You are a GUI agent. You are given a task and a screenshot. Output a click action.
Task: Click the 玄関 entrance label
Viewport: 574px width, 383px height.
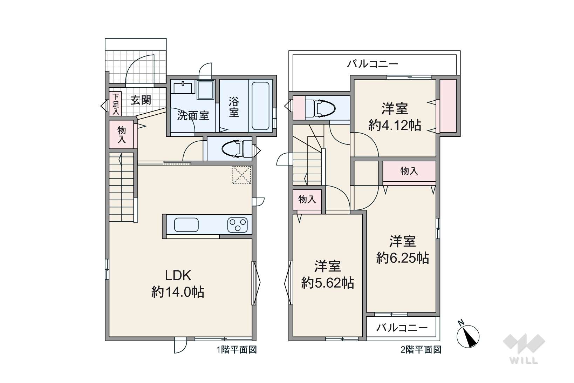click(x=141, y=100)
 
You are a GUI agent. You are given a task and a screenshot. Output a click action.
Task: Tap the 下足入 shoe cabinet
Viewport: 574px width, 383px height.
click(x=115, y=104)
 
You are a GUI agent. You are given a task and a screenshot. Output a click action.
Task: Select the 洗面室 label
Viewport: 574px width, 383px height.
click(x=193, y=116)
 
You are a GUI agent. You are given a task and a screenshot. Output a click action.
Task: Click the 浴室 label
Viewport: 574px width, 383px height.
click(x=234, y=107)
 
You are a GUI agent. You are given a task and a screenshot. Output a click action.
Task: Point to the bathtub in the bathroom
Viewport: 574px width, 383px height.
click(x=260, y=106)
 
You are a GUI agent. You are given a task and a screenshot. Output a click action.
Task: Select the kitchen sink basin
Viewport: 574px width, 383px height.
click(x=186, y=225)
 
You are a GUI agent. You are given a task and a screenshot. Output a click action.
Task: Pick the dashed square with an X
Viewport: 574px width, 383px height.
click(x=241, y=175)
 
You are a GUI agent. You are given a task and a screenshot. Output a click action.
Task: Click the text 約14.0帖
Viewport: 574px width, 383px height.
click(x=178, y=292)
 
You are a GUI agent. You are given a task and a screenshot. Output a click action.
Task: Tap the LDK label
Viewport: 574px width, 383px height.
click(x=178, y=276)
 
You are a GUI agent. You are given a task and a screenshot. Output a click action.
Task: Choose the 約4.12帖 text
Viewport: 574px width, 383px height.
click(x=395, y=126)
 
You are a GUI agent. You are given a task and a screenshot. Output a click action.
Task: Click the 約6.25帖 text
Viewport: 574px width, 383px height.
click(x=402, y=258)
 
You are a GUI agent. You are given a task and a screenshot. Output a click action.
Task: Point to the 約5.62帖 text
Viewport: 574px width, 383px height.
click(x=328, y=283)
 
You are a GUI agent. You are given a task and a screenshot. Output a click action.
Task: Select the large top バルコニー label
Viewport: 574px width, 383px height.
click(x=373, y=64)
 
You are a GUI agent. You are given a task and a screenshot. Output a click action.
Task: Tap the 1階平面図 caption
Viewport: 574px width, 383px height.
click(x=237, y=350)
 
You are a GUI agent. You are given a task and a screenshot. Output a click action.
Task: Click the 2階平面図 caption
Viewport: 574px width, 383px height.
click(x=421, y=350)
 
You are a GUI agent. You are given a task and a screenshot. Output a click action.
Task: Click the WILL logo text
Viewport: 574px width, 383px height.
click(x=524, y=361)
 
